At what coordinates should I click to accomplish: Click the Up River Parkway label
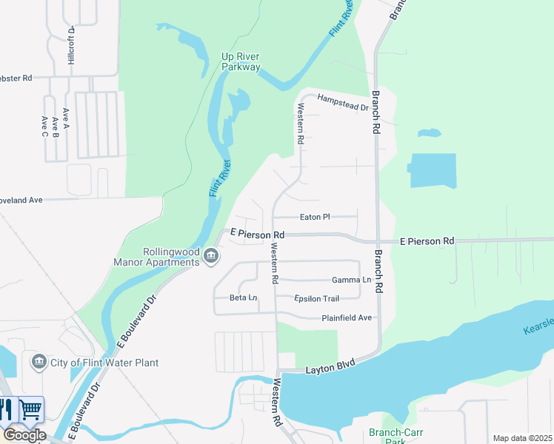241,61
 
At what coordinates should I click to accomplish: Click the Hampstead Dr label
342,102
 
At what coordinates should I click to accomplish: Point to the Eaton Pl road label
314,217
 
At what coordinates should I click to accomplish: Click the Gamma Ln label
351,280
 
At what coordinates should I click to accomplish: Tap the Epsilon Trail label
316,299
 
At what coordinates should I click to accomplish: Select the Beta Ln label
243,297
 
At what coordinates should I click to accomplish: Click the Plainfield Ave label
346,318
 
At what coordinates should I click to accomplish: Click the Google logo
24,435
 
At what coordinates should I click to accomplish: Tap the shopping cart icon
31,409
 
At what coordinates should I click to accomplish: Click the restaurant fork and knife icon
7,409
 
